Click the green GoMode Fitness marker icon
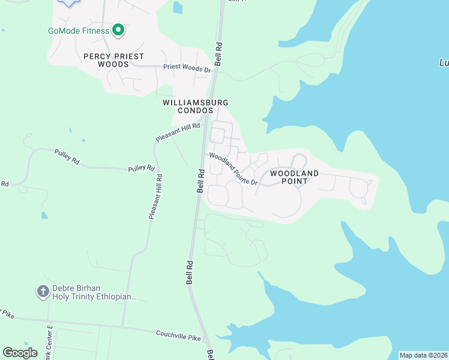[x=118, y=29]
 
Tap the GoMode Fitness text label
[x=79, y=31]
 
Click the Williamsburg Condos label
[x=196, y=107]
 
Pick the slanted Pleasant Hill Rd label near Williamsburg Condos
[x=177, y=131]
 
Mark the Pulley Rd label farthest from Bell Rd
[x=67, y=157]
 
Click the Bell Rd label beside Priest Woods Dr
[x=218, y=53]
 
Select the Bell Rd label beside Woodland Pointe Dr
[x=201, y=180]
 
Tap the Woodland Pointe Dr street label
[x=234, y=169]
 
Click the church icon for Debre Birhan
[x=43, y=292]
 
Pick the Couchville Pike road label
[x=178, y=337]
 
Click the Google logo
[x=20, y=353]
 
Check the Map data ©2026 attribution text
[x=423, y=355]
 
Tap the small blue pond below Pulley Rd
[x=44, y=215]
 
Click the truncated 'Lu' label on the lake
[x=443, y=62]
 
